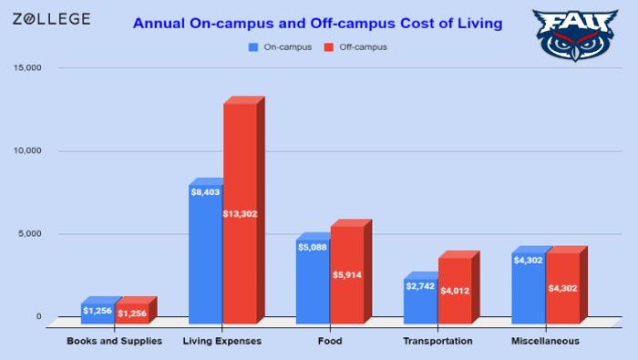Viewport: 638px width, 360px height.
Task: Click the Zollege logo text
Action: [x=51, y=19]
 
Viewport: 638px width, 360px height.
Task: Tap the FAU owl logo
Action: [x=571, y=35]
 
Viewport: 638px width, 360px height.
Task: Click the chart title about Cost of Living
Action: [x=317, y=24]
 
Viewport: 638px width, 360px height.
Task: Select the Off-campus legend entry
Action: [x=356, y=46]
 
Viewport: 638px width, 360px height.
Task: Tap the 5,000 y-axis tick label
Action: [x=30, y=234]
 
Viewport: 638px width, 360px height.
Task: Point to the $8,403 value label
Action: [x=205, y=192]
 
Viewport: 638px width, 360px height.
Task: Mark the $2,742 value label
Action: [x=420, y=286]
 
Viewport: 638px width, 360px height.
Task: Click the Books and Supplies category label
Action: [x=115, y=341]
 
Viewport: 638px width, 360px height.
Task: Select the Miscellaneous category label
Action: [x=545, y=341]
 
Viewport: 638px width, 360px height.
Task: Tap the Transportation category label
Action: [x=437, y=341]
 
